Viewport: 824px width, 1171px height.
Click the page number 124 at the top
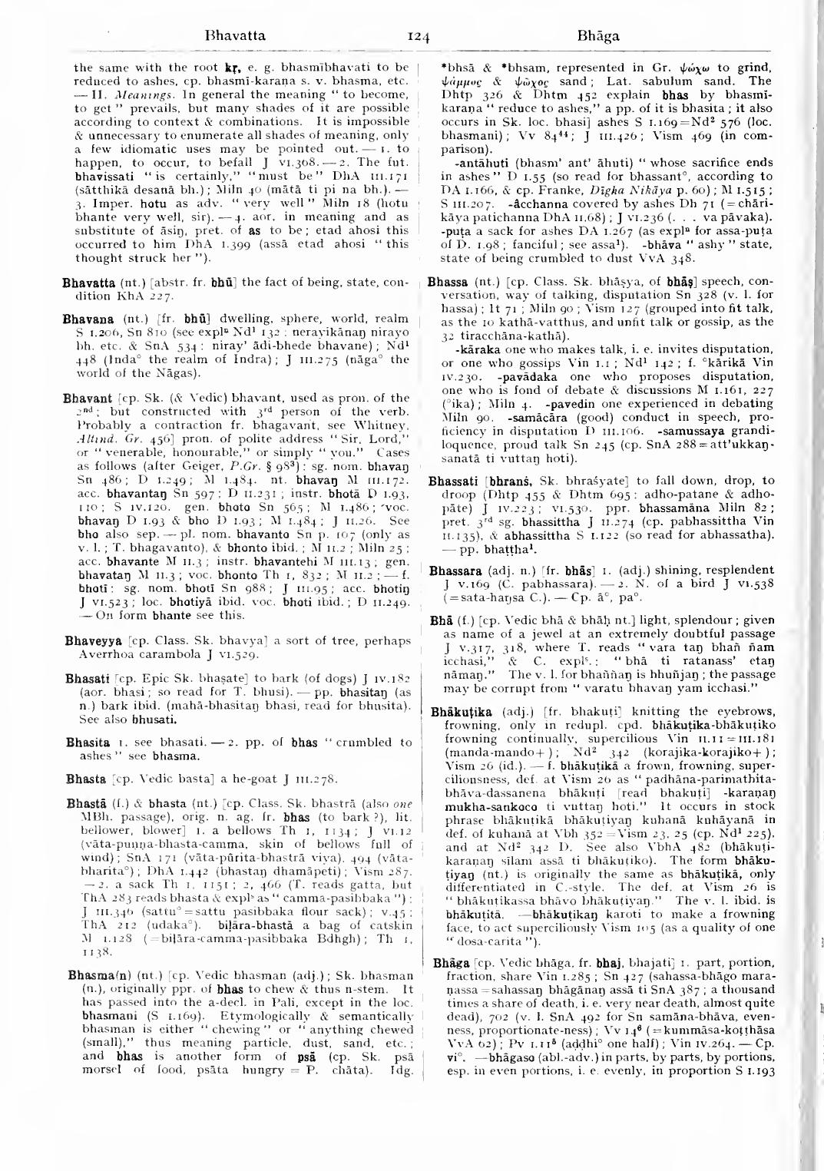[x=419, y=36]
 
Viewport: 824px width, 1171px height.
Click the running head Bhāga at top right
[x=601, y=36]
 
